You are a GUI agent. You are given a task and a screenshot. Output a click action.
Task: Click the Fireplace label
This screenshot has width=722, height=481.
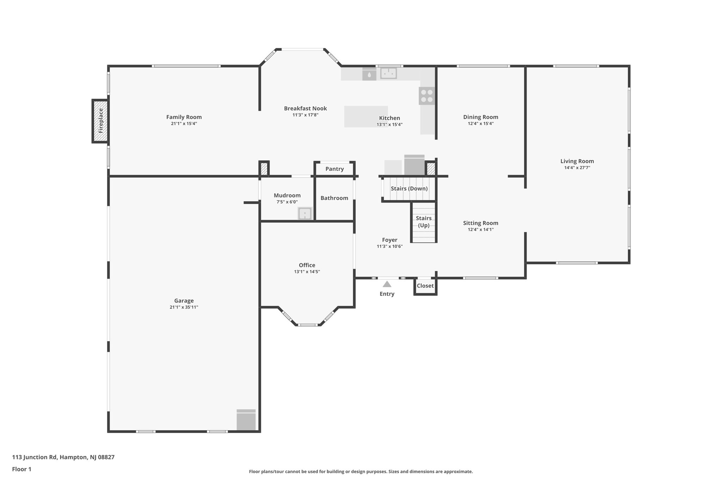[101, 121]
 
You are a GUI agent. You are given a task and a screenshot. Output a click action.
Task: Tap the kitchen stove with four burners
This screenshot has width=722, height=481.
[427, 96]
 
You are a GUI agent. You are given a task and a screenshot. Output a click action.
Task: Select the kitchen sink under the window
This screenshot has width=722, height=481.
[388, 73]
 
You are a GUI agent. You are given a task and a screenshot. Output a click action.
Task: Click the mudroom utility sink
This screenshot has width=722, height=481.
[305, 214]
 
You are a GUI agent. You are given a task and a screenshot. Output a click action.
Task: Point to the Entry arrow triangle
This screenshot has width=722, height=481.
[387, 284]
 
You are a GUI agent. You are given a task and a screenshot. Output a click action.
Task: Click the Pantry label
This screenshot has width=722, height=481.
[335, 169]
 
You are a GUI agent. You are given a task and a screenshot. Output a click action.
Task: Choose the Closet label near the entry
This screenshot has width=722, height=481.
[425, 286]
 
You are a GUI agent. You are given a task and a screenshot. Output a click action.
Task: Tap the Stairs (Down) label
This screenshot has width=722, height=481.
[409, 189]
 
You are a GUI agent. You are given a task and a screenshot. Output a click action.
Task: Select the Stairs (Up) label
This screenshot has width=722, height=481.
[424, 222]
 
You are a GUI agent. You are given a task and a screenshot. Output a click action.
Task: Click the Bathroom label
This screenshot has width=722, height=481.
[334, 198]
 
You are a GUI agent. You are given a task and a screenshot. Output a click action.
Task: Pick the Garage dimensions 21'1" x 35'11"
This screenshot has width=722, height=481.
[184, 307]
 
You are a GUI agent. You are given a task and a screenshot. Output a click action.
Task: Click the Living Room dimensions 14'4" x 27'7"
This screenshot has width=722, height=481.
[577, 168]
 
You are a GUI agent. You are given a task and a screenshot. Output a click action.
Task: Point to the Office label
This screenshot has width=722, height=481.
[307, 265]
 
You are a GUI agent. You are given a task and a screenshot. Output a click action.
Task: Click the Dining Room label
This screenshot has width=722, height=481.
[481, 117]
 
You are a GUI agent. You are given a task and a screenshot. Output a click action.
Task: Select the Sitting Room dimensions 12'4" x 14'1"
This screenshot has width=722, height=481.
[481, 230]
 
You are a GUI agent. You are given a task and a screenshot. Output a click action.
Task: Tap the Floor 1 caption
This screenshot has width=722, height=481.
[22, 469]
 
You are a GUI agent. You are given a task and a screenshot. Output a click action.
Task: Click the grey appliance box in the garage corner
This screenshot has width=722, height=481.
[246, 420]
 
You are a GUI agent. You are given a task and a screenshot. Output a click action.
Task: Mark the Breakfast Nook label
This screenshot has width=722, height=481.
[305, 109]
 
